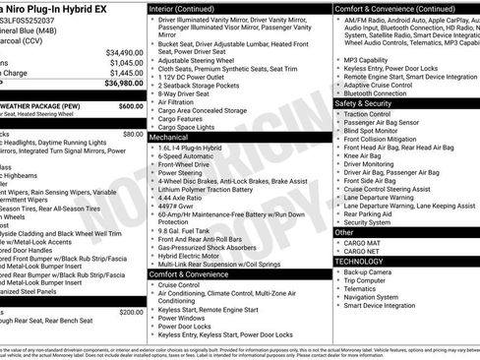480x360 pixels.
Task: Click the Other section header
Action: (345, 233)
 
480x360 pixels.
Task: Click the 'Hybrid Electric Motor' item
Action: (196, 255)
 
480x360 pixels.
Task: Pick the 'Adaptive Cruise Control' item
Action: (386, 85)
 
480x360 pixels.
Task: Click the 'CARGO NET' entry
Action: (363, 251)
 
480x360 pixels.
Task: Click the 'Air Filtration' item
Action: (181, 101)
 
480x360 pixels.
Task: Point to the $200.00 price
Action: (130, 312)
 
